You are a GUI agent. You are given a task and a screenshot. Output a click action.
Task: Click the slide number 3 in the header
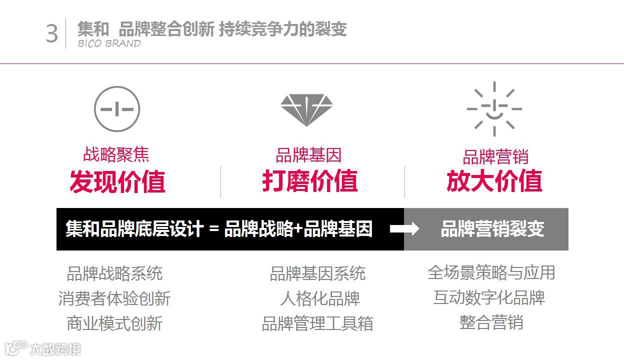[52, 33]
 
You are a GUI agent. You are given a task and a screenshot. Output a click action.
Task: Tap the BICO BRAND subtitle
[109, 43]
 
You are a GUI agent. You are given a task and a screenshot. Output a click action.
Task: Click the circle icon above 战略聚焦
[117, 109]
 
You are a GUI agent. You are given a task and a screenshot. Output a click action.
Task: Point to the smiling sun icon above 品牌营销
[494, 109]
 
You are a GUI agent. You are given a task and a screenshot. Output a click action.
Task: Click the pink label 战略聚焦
[116, 154]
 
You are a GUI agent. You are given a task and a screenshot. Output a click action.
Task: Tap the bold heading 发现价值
[117, 181]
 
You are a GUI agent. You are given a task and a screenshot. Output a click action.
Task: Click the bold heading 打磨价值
[310, 180]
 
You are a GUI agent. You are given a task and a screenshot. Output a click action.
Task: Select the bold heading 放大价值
[494, 180]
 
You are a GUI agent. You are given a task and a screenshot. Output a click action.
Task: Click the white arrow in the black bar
[404, 229]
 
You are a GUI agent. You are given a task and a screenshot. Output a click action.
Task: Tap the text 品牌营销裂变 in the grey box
[492, 229]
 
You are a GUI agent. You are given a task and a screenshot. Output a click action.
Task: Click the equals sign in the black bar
[214, 229]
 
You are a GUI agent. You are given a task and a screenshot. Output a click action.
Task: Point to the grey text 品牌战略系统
[114, 273]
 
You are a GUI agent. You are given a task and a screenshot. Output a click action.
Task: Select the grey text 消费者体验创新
[114, 298]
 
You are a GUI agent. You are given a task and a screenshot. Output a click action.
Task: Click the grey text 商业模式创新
[114, 323]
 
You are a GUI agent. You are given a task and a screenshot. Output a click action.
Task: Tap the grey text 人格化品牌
[320, 298]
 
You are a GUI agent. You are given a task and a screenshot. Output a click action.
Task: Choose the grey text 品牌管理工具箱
[317, 323]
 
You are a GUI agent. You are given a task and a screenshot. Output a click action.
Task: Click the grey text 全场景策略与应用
[491, 272]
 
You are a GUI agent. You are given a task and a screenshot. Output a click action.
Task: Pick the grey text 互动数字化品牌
[489, 297]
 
